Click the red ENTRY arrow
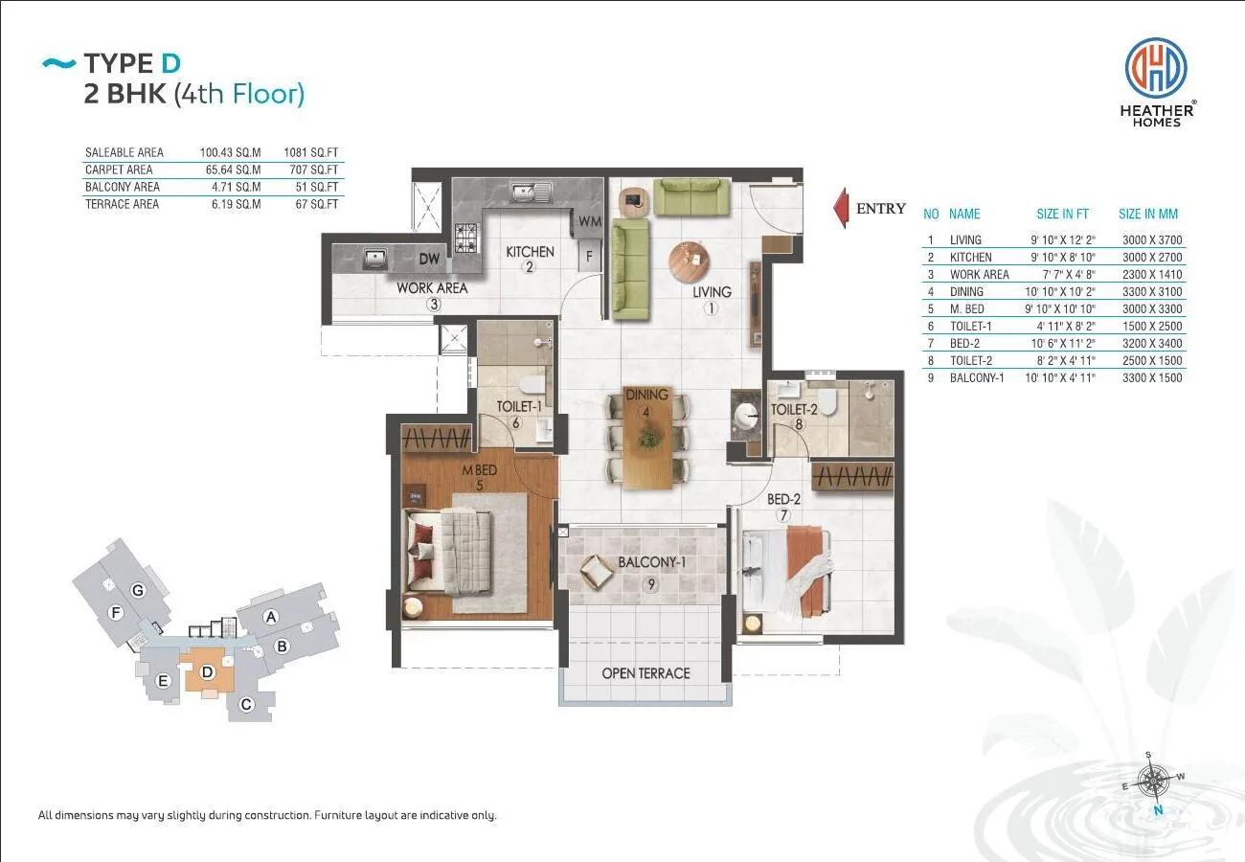pyautogui.click(x=841, y=208)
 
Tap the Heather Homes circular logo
pyautogui.click(x=1156, y=67)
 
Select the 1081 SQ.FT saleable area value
pyautogui.click(x=310, y=152)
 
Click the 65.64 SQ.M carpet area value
pyautogui.click(x=233, y=170)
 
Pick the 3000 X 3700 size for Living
pyautogui.click(x=1151, y=240)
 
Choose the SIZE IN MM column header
pyautogui.click(x=1147, y=214)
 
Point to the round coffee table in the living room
pyautogui.click(x=690, y=261)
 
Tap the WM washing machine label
pyautogui.click(x=590, y=221)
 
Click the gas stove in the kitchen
pyautogui.click(x=466, y=238)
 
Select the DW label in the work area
pyautogui.click(x=429, y=259)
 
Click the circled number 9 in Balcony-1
pyautogui.click(x=651, y=583)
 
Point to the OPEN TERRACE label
pyautogui.click(x=645, y=673)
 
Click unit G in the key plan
pyautogui.click(x=138, y=590)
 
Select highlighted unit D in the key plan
pyautogui.click(x=207, y=671)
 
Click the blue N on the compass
pyautogui.click(x=1158, y=810)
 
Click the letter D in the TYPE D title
pyautogui.click(x=170, y=63)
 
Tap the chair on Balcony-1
pyautogui.click(x=597, y=572)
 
